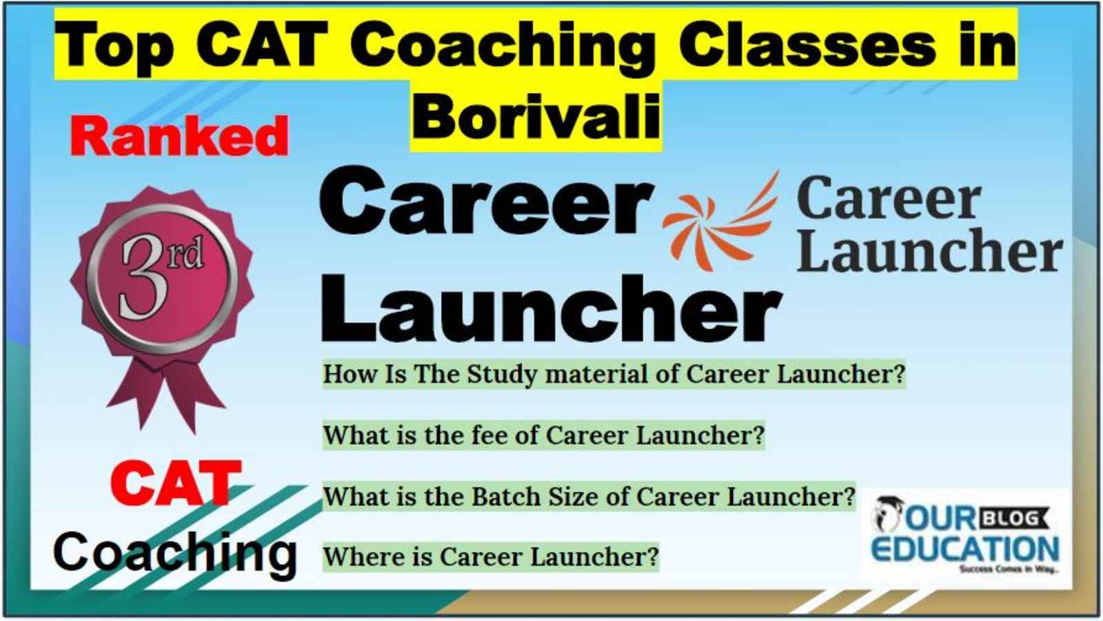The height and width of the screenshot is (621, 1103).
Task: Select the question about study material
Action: coord(614,374)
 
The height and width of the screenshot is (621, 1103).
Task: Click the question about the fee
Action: coord(544,435)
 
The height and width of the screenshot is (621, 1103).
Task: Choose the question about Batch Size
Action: coord(589,496)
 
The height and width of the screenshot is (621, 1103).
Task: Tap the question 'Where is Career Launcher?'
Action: coord(490,558)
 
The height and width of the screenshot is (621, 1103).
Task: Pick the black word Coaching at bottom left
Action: coord(175,554)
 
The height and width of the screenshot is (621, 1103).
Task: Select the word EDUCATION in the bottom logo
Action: coord(965,549)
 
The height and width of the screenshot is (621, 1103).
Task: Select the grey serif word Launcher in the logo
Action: coord(930,250)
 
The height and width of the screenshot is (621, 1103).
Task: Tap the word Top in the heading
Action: coord(114,46)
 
